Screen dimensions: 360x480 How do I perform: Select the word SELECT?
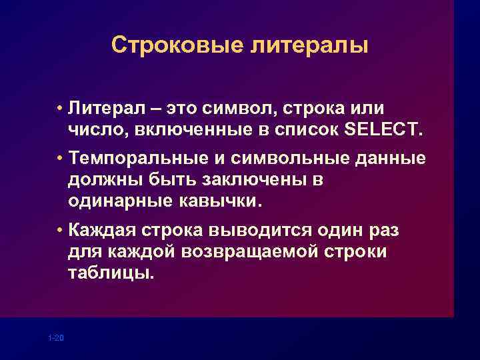coord(383,129)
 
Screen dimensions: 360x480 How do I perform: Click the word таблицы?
coord(110,273)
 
